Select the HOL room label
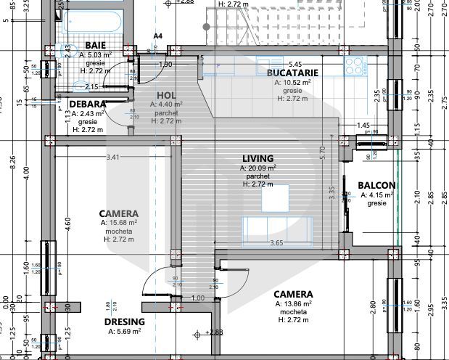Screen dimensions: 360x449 click(x=167, y=95)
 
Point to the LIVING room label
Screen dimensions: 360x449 click(x=258, y=158)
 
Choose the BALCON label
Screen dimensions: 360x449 click(x=376, y=185)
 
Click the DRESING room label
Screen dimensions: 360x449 click(x=124, y=322)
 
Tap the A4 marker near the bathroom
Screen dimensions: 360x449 click(x=158, y=36)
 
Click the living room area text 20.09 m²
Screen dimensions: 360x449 click(x=258, y=168)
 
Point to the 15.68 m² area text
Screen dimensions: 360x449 click(x=120, y=223)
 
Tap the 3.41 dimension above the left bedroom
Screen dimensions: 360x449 click(x=113, y=157)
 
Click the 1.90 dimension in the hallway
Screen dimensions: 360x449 click(x=165, y=65)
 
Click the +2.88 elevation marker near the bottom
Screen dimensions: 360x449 click(x=213, y=332)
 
